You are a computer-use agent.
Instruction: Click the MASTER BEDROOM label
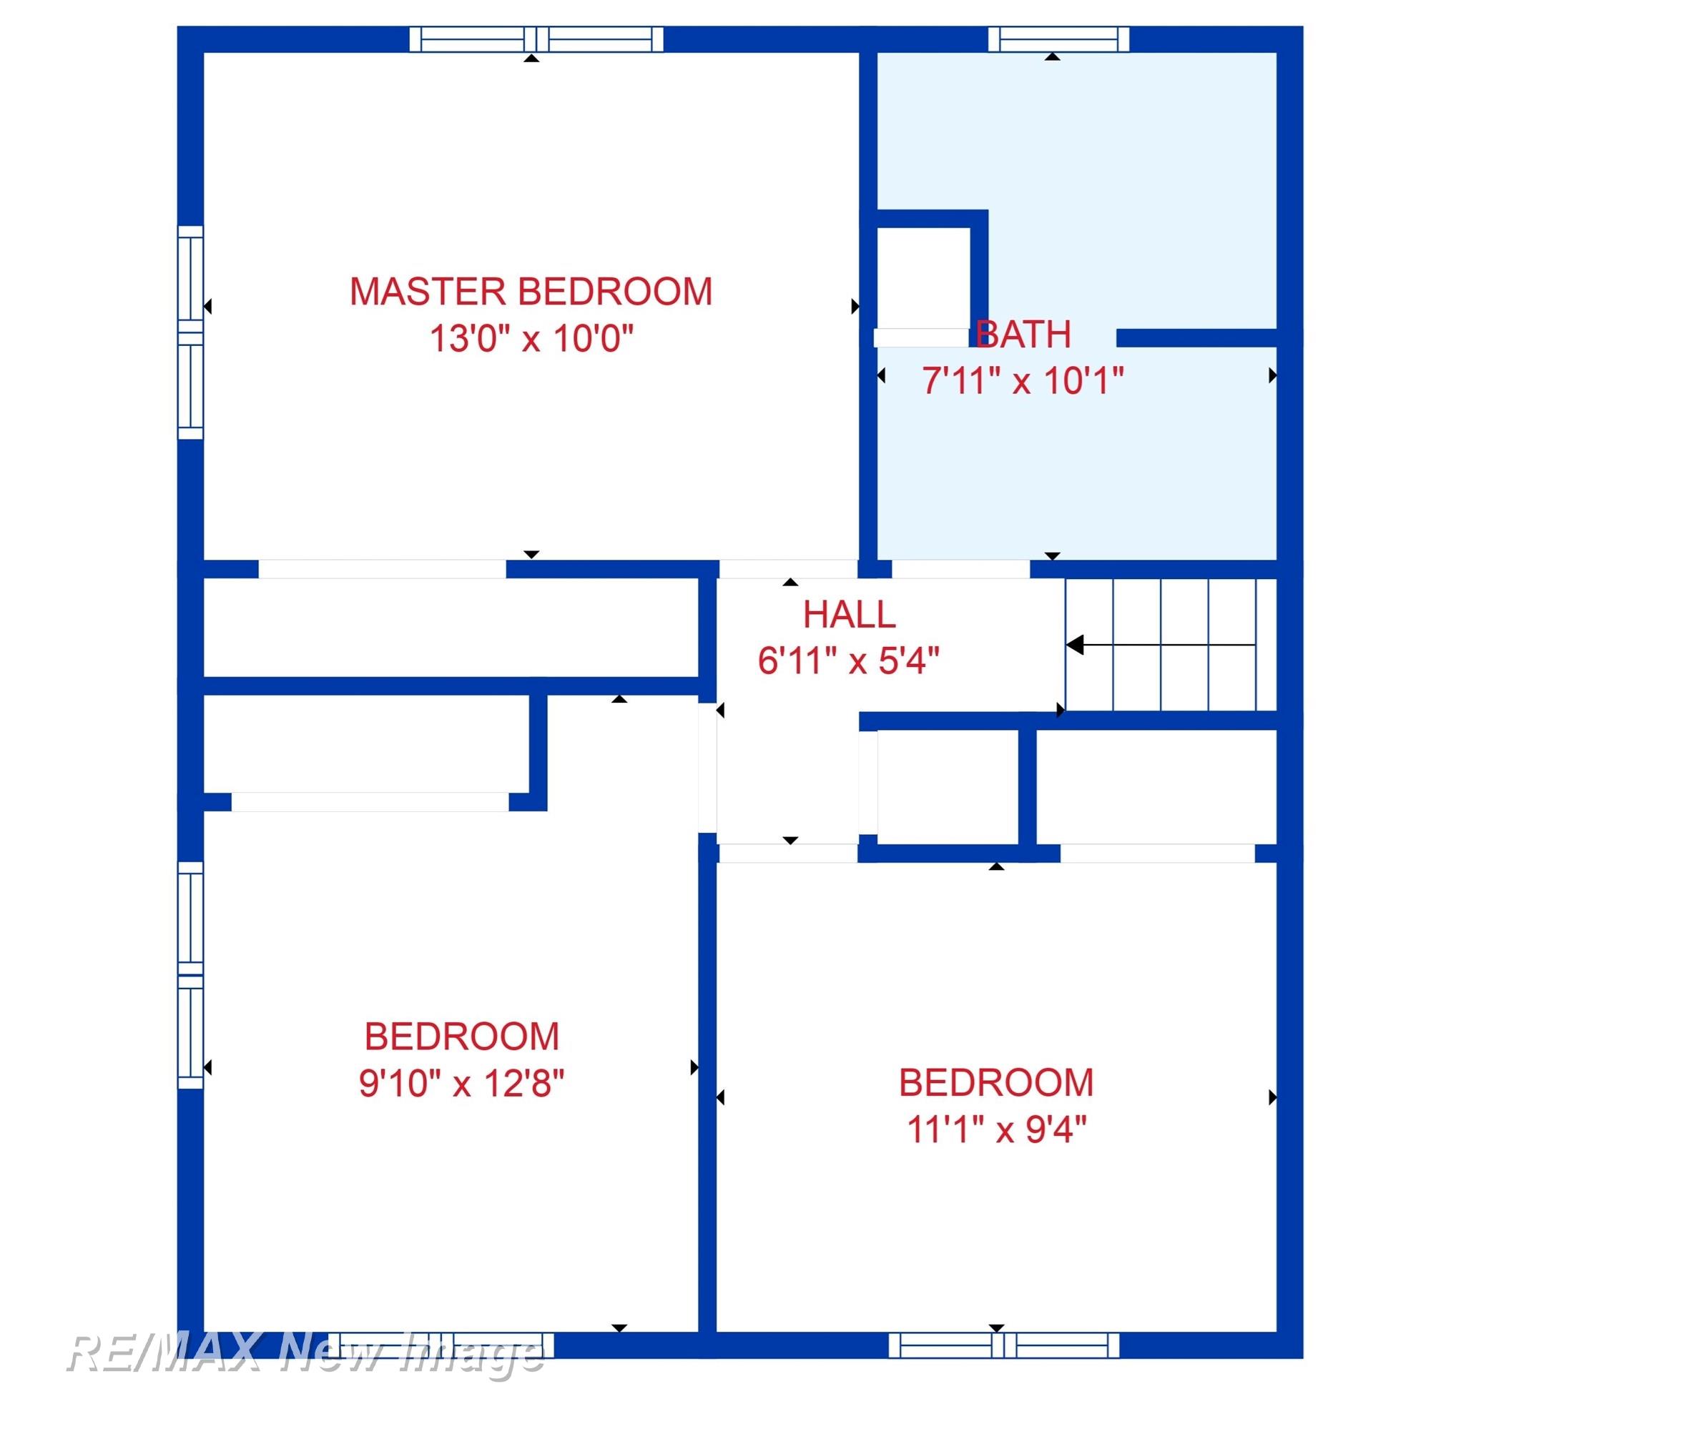[x=531, y=292]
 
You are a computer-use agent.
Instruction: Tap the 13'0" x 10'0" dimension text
[x=531, y=338]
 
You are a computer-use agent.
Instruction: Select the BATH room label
[x=1023, y=334]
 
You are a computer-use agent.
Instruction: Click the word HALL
[x=849, y=615]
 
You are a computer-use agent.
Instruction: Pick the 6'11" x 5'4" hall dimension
[x=848, y=661]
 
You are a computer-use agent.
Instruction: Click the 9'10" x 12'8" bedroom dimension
[x=461, y=1083]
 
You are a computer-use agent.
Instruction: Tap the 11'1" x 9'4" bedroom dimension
[x=996, y=1129]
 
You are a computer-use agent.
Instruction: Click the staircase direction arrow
[x=1161, y=646]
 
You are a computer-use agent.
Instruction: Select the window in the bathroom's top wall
[x=1059, y=39]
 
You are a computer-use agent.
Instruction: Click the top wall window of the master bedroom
[x=536, y=39]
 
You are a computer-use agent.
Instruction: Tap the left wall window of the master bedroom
[x=190, y=332]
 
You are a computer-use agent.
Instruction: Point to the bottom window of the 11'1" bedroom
[x=1003, y=1345]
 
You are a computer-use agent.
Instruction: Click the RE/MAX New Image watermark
[x=305, y=1353]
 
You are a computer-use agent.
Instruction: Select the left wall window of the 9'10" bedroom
[x=190, y=974]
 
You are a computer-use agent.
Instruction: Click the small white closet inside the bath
[x=924, y=278]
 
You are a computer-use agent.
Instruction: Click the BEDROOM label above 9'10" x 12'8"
[x=461, y=1037]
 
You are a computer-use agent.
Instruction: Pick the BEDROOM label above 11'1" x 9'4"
[x=996, y=1083]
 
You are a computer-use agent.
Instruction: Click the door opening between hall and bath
[x=961, y=569]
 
